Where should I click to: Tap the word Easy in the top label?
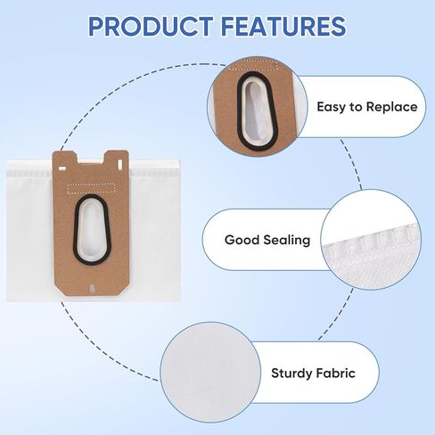[x=332, y=107]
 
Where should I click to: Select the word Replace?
[x=390, y=107]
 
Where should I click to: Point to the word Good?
[x=242, y=240]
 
